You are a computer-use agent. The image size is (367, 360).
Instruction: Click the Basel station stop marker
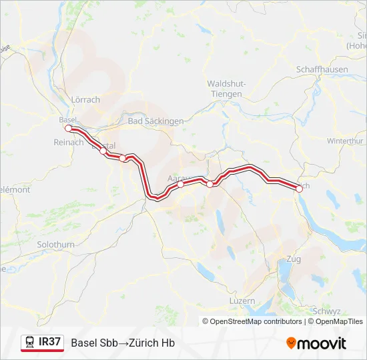[68, 128]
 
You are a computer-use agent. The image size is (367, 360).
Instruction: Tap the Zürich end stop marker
[299, 189]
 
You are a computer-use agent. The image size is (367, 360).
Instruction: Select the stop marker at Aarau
[180, 185]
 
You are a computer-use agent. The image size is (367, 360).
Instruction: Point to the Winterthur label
[345, 141]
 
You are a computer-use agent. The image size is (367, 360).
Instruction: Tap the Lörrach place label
[85, 100]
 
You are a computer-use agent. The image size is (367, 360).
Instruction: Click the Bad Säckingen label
[155, 121]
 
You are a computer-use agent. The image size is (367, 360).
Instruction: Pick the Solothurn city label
[56, 245]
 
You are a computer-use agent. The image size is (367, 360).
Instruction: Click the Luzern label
[242, 301]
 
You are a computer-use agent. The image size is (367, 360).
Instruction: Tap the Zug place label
[292, 259]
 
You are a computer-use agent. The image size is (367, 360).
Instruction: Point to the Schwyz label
[326, 311]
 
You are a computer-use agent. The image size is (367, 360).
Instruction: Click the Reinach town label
[68, 142]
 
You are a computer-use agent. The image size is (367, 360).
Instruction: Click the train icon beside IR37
[30, 343]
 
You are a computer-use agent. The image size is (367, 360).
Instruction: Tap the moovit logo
[316, 343]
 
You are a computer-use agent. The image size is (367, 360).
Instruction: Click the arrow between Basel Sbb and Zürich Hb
[115, 343]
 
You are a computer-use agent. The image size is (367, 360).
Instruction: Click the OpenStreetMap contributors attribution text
[256, 321]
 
